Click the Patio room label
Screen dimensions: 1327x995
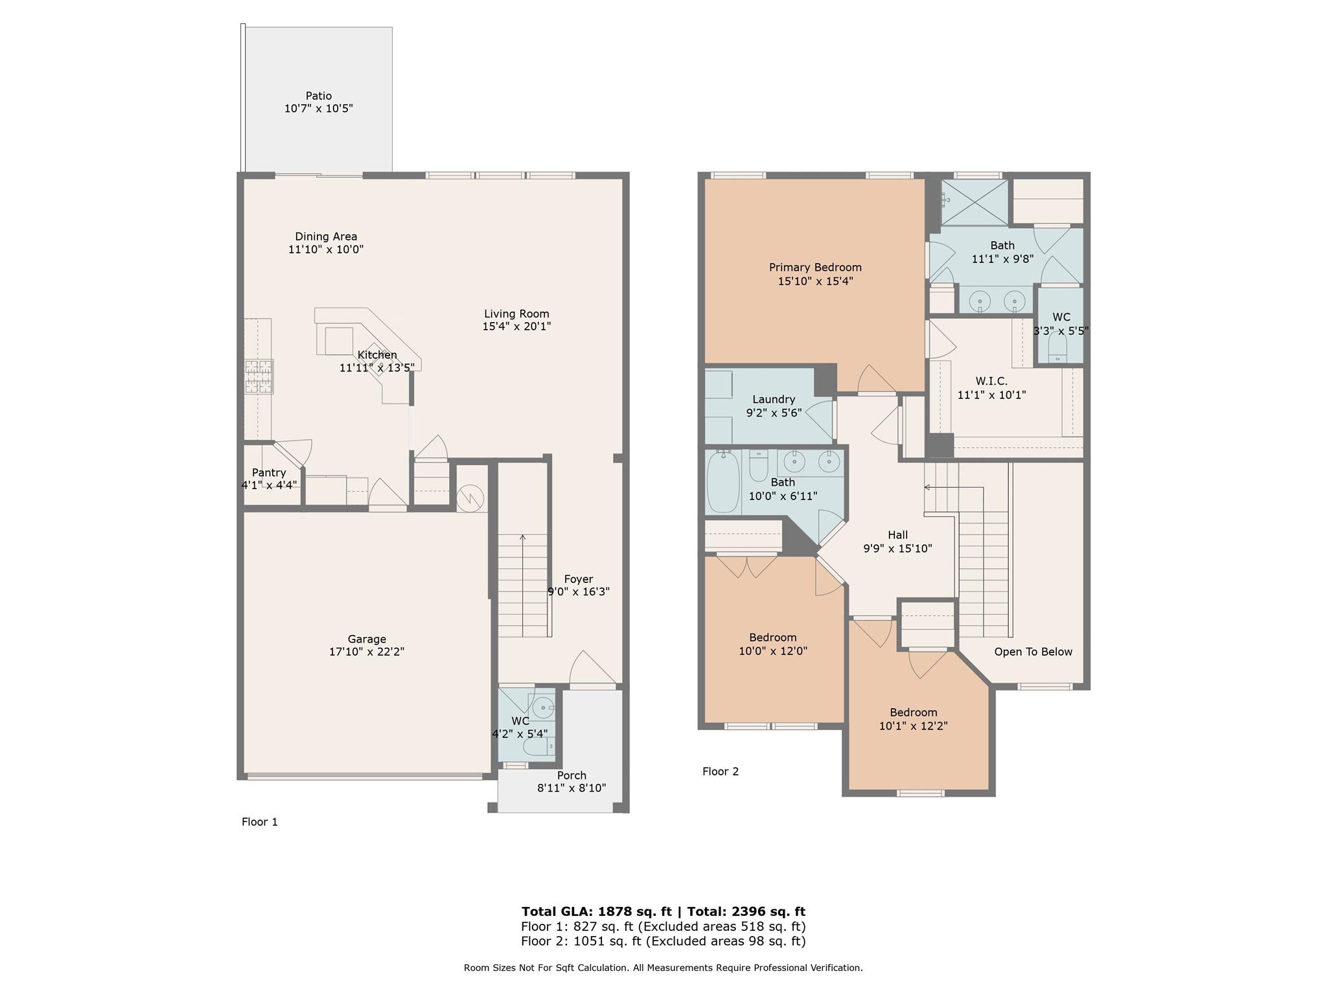point(319,96)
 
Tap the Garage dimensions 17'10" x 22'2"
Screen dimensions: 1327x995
point(367,652)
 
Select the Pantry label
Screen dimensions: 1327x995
point(269,473)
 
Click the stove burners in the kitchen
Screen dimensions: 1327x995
point(259,376)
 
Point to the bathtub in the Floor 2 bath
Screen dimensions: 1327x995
point(722,483)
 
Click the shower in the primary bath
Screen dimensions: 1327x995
point(975,202)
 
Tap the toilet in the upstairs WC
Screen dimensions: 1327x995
point(1057,349)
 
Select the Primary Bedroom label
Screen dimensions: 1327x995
point(815,268)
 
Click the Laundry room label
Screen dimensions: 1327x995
point(774,400)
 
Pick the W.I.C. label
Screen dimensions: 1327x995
point(991,382)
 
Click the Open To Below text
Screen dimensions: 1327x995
point(1033,652)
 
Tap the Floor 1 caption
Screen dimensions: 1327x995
point(260,822)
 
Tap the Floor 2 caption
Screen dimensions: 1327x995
point(721,772)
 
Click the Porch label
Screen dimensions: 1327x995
point(571,775)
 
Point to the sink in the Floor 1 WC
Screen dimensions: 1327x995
point(542,704)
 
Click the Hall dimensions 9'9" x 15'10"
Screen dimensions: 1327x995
point(897,549)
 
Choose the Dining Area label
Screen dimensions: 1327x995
point(326,237)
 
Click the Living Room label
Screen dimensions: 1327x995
point(516,314)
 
